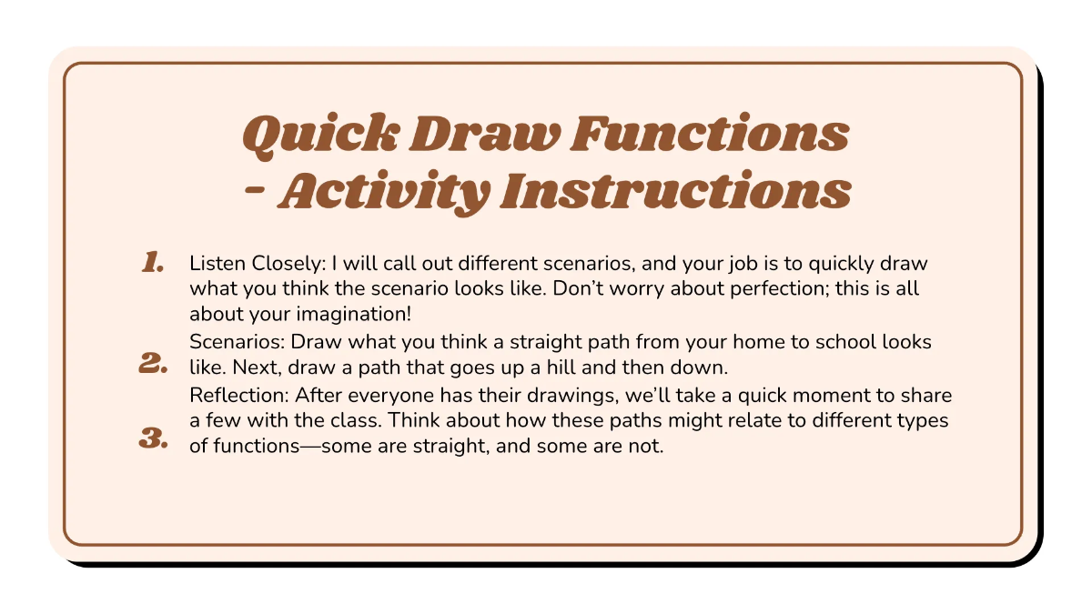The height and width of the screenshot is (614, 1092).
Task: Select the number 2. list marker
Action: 153,366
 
